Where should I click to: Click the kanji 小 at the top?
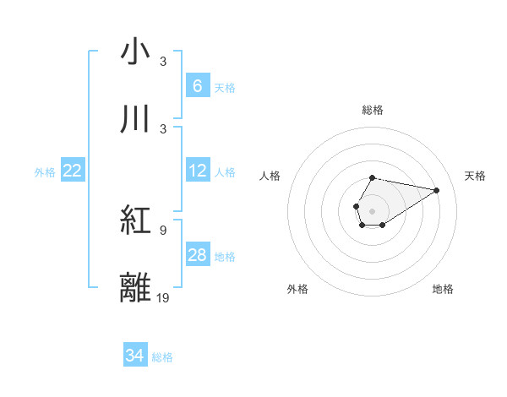[x=136, y=52]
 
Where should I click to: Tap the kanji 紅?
[x=136, y=221]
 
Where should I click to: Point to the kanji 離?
[x=136, y=286]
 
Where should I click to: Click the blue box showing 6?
[x=197, y=85]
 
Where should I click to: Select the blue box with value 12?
[x=197, y=171]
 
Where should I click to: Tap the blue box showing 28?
[x=197, y=254]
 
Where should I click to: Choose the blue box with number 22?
[x=73, y=171]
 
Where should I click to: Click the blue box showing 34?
[x=134, y=356]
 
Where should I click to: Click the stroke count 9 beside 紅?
[x=162, y=230]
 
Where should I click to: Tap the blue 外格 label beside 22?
[x=45, y=171]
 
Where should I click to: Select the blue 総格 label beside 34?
[x=162, y=357]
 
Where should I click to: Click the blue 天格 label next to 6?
[x=225, y=87]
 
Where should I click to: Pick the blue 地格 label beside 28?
[x=225, y=256]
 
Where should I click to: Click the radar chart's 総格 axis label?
[x=372, y=110]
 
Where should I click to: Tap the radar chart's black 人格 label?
[x=270, y=176]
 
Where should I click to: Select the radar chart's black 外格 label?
[x=297, y=289]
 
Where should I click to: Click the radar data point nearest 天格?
[x=437, y=189]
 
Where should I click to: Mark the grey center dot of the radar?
[x=372, y=209]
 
